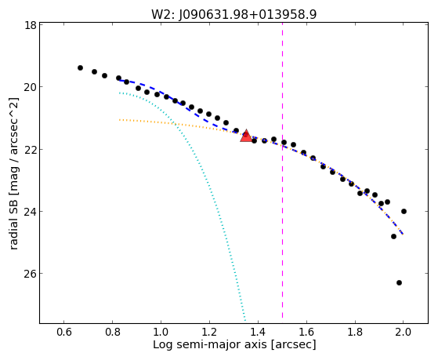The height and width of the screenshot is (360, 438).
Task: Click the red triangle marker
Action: [x=246, y=136]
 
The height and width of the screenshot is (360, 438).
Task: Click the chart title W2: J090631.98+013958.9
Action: [x=234, y=15]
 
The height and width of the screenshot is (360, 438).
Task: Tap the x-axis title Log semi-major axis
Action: [x=234, y=344]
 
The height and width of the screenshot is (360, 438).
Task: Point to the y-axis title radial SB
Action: [x=14, y=173]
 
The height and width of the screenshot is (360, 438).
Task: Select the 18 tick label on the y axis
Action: [x=31, y=25]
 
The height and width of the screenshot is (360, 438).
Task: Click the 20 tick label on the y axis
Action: [x=30, y=87]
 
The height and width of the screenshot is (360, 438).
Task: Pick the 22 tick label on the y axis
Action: [x=30, y=149]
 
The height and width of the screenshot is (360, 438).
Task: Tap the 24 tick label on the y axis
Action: [x=30, y=212]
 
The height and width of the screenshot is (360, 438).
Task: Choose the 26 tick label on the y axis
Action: [x=30, y=274]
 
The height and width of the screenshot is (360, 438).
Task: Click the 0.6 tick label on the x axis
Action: [x=64, y=332]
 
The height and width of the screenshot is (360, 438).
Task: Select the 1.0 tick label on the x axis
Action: [x=161, y=332]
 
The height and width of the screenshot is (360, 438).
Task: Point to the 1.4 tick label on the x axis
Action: [x=258, y=332]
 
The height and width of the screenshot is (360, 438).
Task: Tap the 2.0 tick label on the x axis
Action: [x=403, y=332]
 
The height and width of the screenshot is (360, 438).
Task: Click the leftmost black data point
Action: [x=80, y=67]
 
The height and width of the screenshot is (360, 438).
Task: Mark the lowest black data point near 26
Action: [x=399, y=283]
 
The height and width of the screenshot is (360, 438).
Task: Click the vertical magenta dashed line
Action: [x=282, y=170]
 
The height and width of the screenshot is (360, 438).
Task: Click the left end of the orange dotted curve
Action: [x=120, y=120]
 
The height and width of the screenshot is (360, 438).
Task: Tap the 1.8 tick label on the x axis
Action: [x=355, y=332]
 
